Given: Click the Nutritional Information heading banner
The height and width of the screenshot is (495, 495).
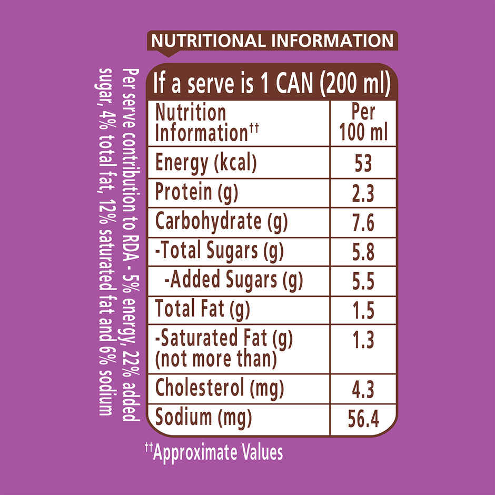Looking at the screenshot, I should coord(272,41).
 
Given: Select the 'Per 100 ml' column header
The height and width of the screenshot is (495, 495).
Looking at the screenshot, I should coord(363,123).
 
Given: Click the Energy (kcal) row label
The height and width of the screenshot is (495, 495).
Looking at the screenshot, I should coord(205,163).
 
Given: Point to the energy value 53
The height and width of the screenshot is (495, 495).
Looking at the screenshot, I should coord(363,163).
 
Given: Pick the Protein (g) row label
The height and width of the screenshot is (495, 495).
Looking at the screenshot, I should coord(196,193).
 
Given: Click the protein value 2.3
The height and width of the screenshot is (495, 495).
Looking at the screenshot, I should coord(363,194).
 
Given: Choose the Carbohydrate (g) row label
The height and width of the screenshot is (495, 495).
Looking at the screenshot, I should coord(221,222).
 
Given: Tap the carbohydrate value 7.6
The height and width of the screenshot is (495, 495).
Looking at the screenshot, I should coord(363,223).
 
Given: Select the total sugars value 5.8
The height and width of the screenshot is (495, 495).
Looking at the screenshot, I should coord(363,252).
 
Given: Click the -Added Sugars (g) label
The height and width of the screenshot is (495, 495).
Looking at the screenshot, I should coord(234,281).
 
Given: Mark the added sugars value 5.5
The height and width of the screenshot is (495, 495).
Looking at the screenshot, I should coord(363,282).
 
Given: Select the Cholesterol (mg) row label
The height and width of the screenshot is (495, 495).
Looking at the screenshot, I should coord(219,389).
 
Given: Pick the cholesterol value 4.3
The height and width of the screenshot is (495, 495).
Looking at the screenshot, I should coord(363,390).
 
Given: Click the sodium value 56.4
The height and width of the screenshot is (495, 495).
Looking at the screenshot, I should coord(363,420).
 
